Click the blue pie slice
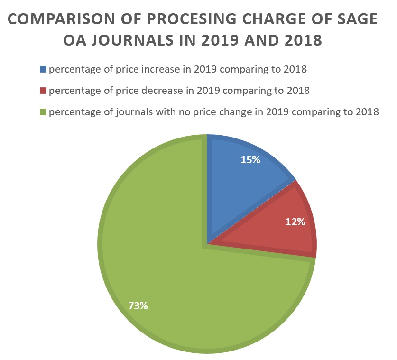242,180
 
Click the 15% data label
250,160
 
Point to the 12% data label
295,222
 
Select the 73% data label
138,306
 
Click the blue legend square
44,69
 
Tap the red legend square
44,91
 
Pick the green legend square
44,112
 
